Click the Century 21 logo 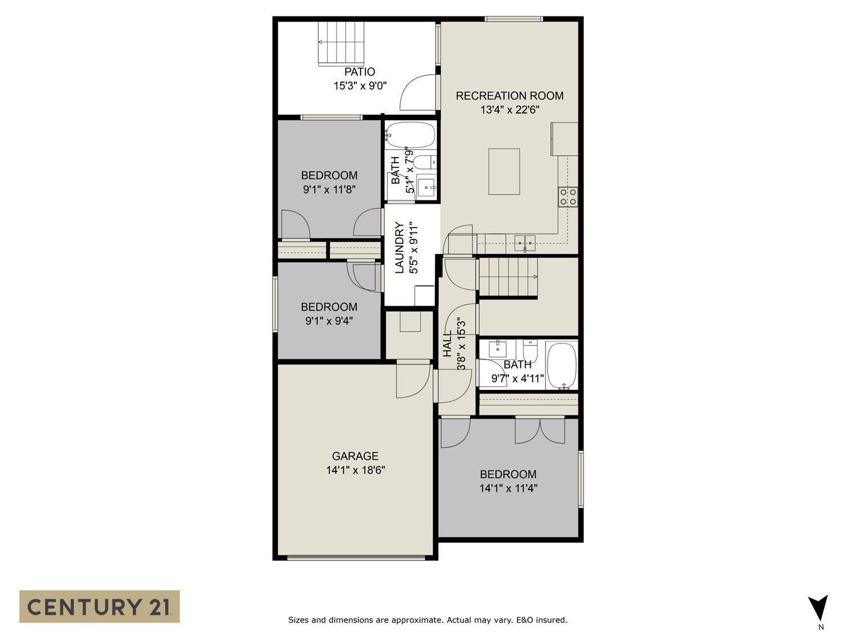pos(99,606)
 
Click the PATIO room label pos(360,72)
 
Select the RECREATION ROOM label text pos(509,96)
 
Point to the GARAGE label pos(355,456)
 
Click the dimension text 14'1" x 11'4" pos(508,488)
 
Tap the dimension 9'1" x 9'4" pos(329,321)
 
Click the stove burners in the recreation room pos(568,197)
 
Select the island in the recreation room pos(504,172)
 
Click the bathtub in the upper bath pos(410,135)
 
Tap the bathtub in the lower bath pos(562,365)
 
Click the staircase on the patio pos(341,44)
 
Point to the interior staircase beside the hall pos(508,277)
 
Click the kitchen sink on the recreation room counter pos(524,243)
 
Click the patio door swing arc pos(418,92)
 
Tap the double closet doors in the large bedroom pos(539,431)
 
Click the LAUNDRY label pos(399,248)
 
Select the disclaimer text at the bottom pos(427,620)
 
